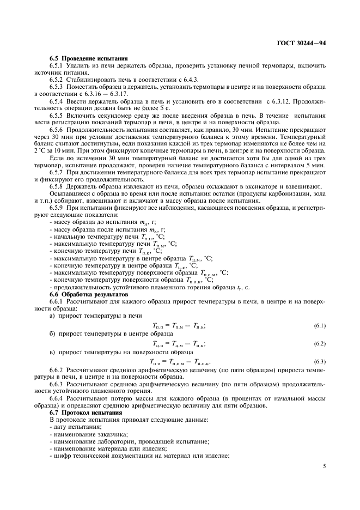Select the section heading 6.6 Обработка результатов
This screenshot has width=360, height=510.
pyautogui.click(x=90, y=294)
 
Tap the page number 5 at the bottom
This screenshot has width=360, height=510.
pyautogui.click(x=324, y=466)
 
